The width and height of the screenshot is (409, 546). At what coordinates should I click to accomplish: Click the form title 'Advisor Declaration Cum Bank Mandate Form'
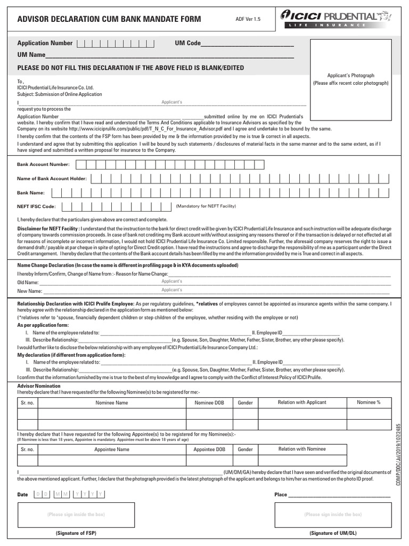coord(109,20)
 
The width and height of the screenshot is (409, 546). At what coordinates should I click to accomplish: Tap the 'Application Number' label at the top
coord(45,43)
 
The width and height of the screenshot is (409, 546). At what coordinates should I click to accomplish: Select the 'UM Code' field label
coord(187,43)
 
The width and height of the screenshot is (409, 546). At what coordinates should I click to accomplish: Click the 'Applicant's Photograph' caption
coord(350,76)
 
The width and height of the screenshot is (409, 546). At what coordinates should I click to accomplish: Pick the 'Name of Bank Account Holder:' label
coord(52,179)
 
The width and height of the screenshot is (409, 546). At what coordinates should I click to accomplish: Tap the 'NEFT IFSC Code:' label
coord(36,206)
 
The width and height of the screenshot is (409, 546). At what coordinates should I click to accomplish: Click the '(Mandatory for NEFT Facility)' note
coord(206,206)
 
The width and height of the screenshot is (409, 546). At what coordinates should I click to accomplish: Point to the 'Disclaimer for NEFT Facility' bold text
coord(48,228)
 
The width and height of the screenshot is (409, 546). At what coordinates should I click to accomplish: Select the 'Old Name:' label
coord(28,282)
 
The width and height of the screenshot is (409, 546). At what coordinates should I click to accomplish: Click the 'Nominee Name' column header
coord(112,403)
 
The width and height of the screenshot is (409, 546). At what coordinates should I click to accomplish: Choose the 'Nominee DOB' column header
coord(209,403)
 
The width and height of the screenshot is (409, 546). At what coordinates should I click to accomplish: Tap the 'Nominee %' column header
coord(369,402)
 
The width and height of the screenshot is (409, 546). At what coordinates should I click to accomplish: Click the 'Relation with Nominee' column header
coord(302,449)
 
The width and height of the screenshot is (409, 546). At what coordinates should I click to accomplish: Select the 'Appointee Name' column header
coord(112,449)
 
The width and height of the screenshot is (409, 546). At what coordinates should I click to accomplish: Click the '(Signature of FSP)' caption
coord(76,533)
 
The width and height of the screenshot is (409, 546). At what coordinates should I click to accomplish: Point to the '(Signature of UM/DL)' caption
coord(333,533)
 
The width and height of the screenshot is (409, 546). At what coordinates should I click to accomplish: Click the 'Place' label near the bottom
coord(281,494)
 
